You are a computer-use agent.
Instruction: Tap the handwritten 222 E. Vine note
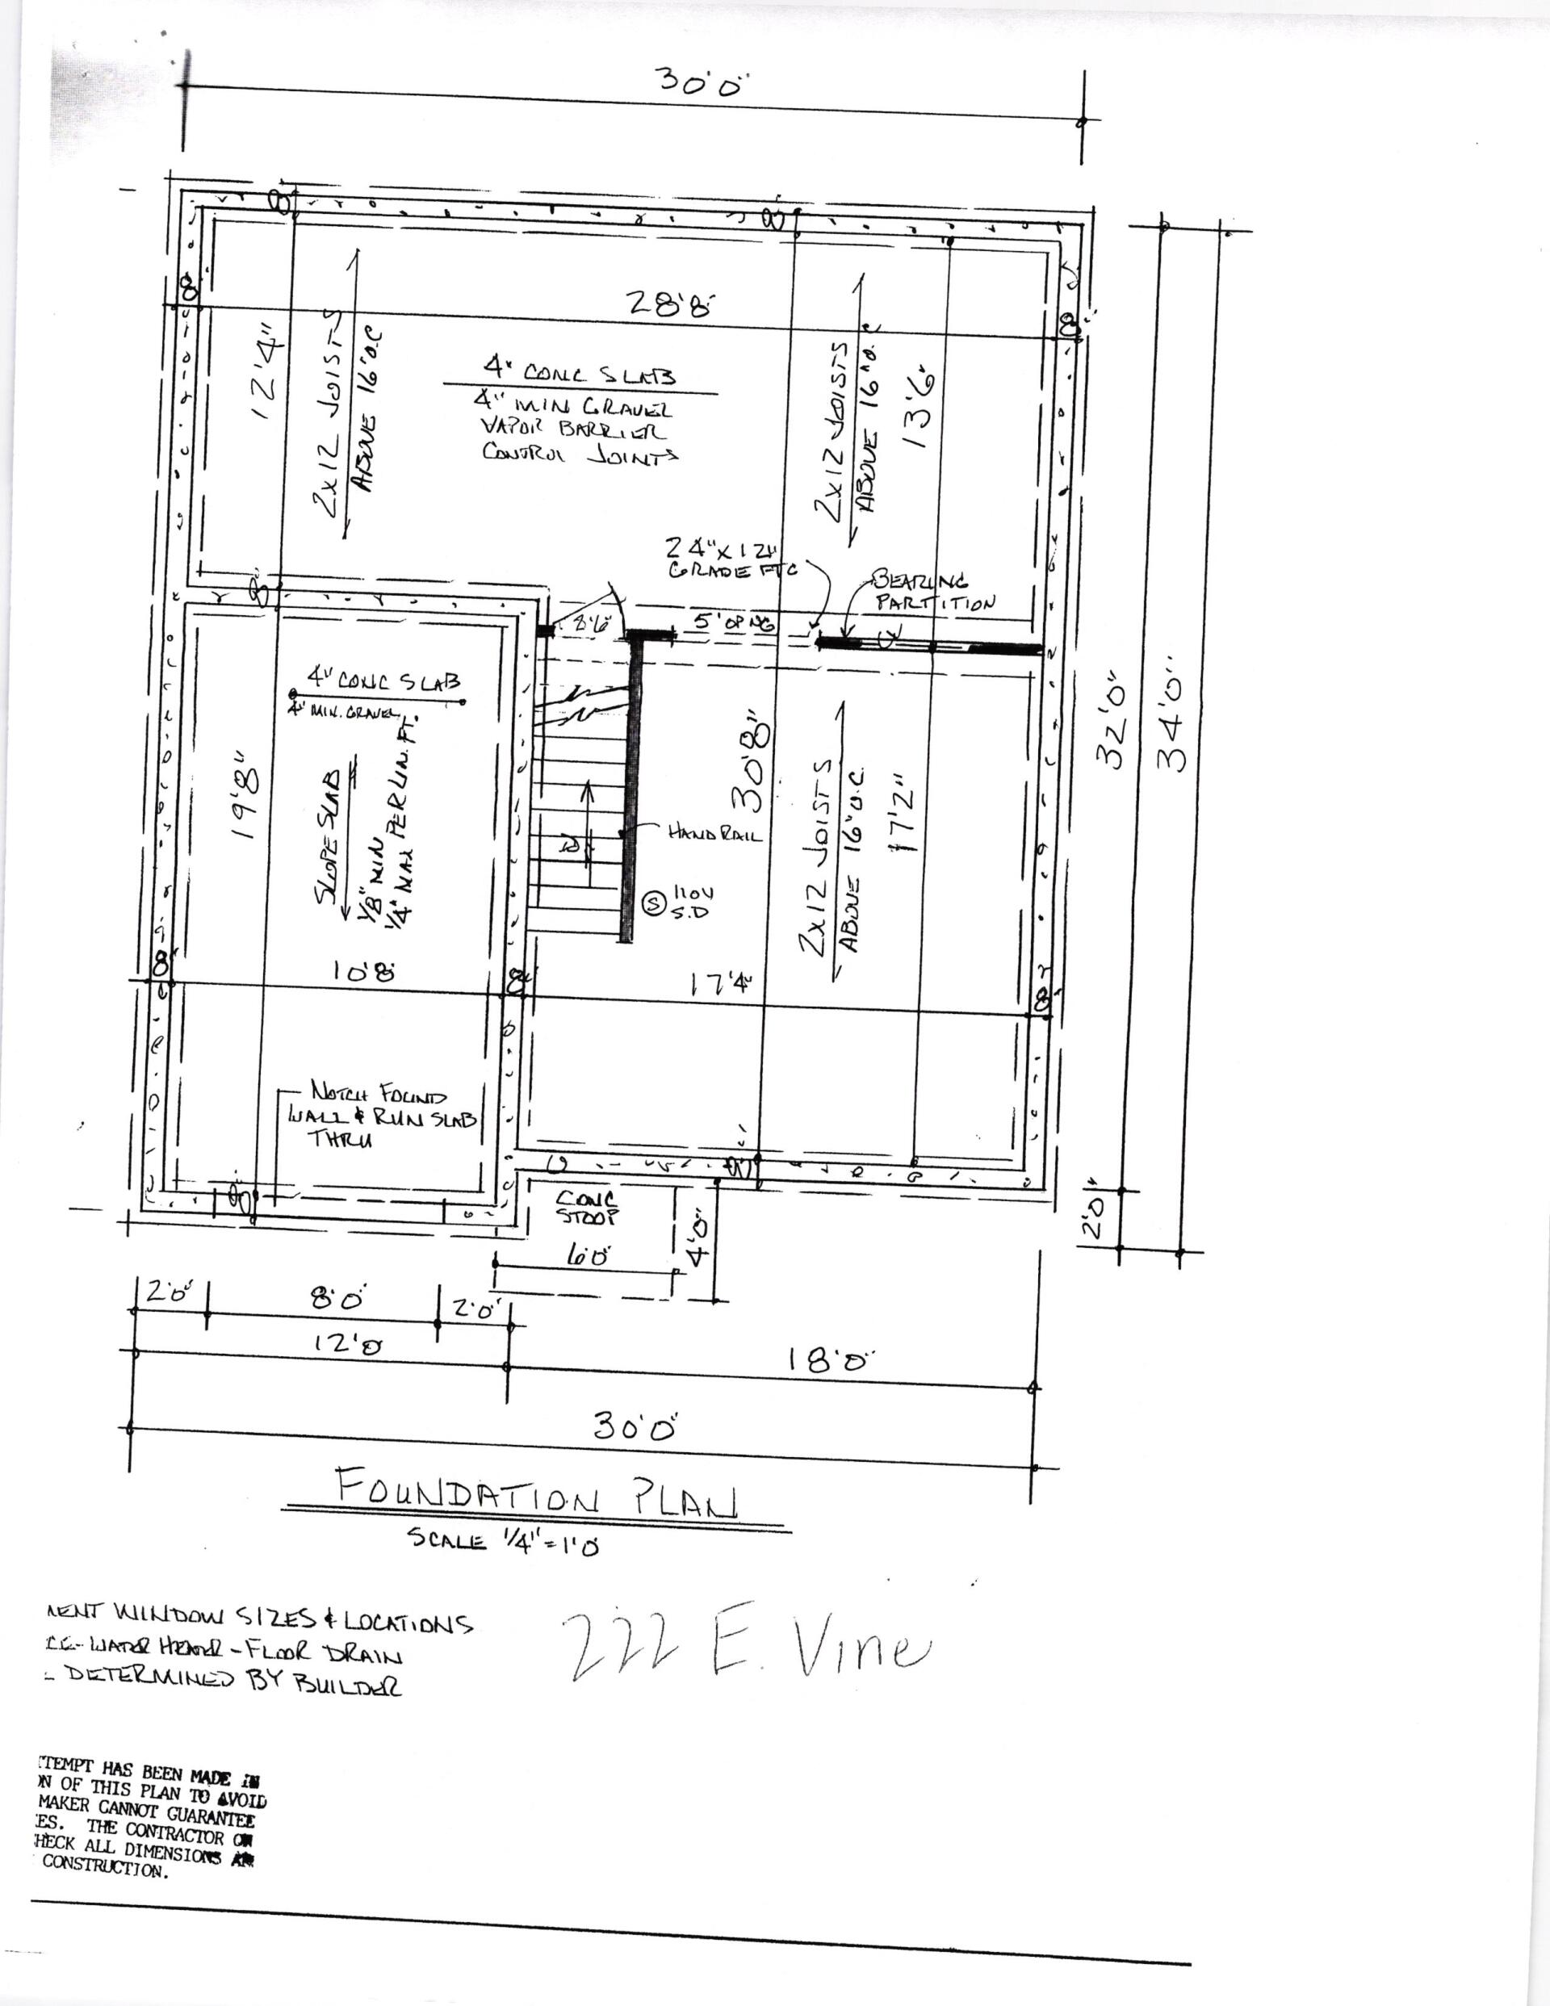coord(744,1651)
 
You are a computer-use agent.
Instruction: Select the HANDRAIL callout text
coord(714,833)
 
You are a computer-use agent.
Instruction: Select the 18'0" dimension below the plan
coord(830,1360)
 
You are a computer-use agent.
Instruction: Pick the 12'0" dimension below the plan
coord(347,1345)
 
